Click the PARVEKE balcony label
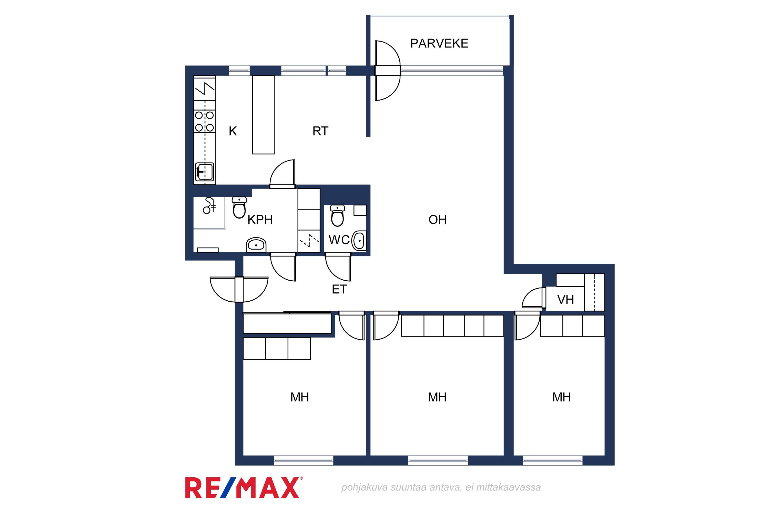pyautogui.click(x=439, y=43)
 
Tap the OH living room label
pyautogui.click(x=438, y=220)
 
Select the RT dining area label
pyautogui.click(x=320, y=131)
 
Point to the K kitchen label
pyautogui.click(x=232, y=131)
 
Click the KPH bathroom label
pyautogui.click(x=260, y=220)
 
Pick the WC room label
pyautogui.click(x=339, y=240)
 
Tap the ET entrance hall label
pyautogui.click(x=339, y=289)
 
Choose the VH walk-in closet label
pyautogui.click(x=565, y=300)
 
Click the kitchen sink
pyautogui.click(x=205, y=172)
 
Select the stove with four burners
pyautogui.click(x=205, y=121)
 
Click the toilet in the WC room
pyautogui.click(x=337, y=216)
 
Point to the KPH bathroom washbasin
pyautogui.click(x=256, y=245)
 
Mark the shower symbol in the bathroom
pyautogui.click(x=209, y=205)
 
